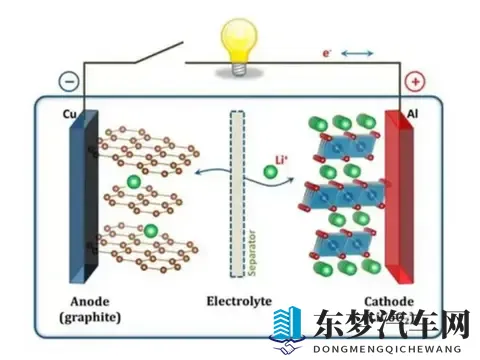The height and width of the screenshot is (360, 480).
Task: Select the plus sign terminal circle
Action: pos(414,82)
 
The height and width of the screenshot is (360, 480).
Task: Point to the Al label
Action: pos(411,115)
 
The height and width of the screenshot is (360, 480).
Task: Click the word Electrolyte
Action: pos(239,299)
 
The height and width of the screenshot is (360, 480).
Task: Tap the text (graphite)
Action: pos(94,319)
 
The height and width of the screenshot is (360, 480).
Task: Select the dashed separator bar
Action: pos(238,193)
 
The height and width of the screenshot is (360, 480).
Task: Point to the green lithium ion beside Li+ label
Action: pos(270,173)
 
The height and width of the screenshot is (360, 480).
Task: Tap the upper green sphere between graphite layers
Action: pos(133,181)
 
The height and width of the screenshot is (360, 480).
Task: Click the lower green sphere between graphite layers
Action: pos(149,231)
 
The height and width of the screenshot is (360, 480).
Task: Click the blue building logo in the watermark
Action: pos(288,326)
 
